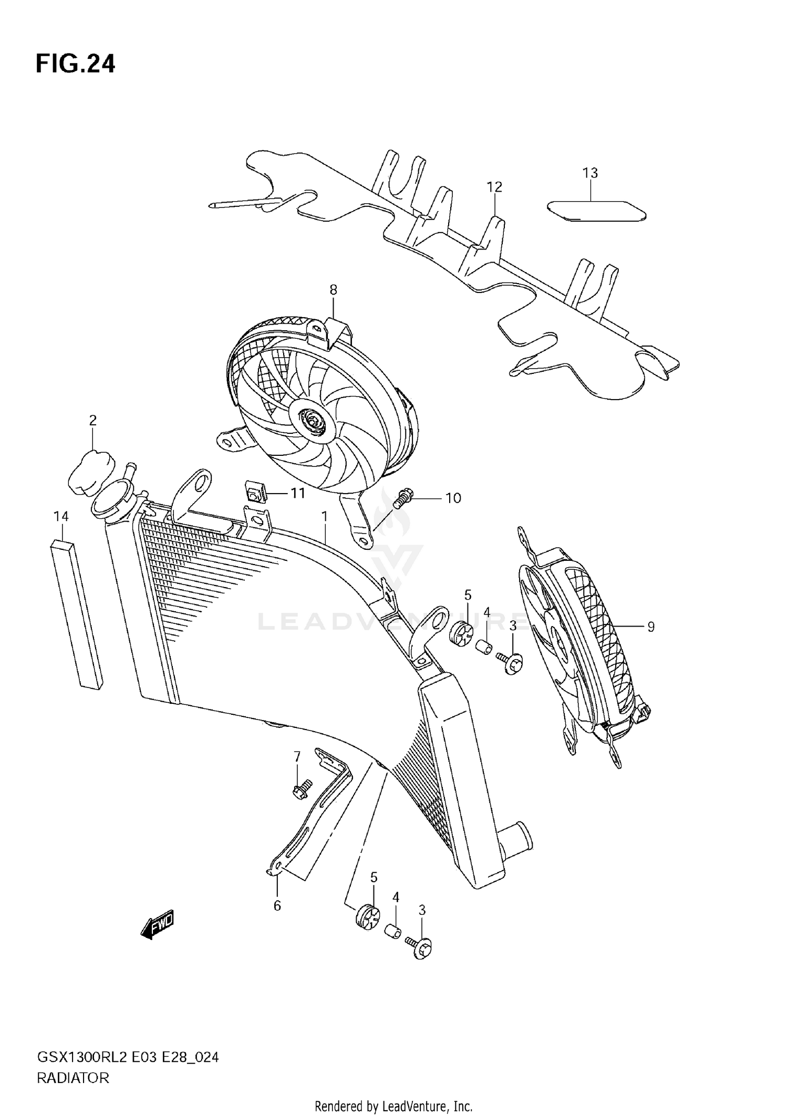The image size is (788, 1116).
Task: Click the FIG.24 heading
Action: pyautogui.click(x=75, y=64)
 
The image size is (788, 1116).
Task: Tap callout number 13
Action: pyautogui.click(x=590, y=173)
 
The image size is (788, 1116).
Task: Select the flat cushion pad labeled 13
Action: pyautogui.click(x=596, y=211)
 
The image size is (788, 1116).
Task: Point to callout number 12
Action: pyautogui.click(x=494, y=187)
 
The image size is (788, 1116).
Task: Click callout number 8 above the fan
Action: pyautogui.click(x=333, y=289)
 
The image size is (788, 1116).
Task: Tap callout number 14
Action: pyautogui.click(x=61, y=516)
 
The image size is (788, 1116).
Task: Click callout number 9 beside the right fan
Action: pyautogui.click(x=650, y=627)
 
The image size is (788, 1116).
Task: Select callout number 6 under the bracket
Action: pyautogui.click(x=277, y=905)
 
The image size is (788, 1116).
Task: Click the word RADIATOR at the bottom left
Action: pyautogui.click(x=73, y=1079)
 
